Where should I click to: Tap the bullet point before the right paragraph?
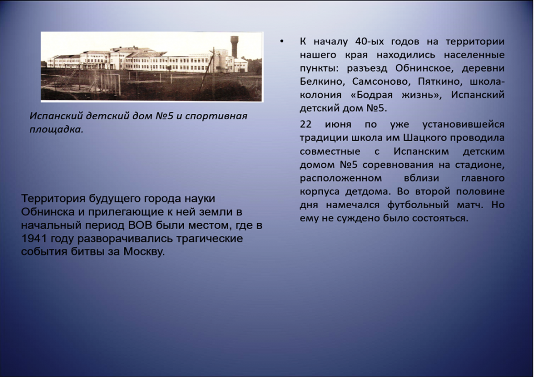pos(282,42)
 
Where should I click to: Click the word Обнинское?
pos(424,68)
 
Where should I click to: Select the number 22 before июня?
pos(306,124)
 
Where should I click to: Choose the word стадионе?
pos(479,165)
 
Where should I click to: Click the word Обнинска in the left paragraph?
pos(48,212)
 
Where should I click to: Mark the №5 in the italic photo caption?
pos(164,116)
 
